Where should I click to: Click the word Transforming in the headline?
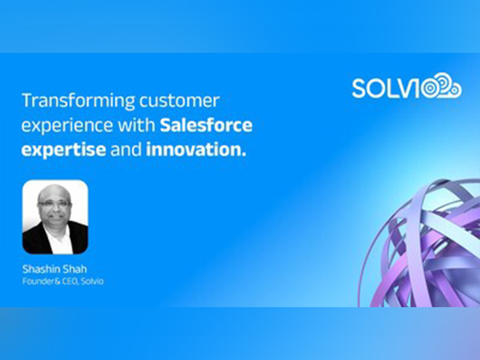pyautogui.click(x=67, y=102)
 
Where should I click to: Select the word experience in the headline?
pyautogui.click(x=63, y=126)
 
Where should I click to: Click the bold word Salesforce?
pyautogui.click(x=206, y=126)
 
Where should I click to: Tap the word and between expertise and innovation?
pyautogui.click(x=127, y=150)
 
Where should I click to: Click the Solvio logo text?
pyautogui.click(x=392, y=88)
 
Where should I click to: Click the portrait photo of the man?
pyautogui.click(x=55, y=216)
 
